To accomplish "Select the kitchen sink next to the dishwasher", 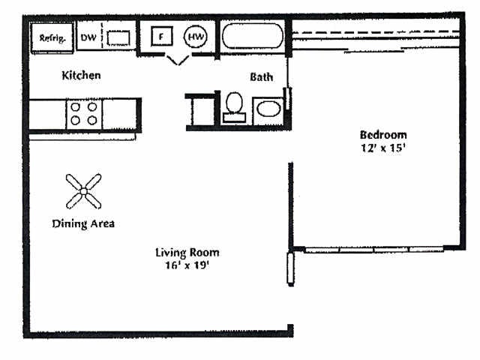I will click(x=118, y=37).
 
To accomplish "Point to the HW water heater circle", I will click(x=196, y=36).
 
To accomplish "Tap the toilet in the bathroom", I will click(x=234, y=106).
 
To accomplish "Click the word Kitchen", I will click(x=81, y=76).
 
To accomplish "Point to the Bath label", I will click(x=261, y=76).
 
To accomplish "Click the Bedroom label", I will click(x=383, y=135).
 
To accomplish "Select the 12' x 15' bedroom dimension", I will click(x=383, y=148).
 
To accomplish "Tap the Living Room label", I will click(x=187, y=253).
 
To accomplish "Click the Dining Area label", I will click(x=82, y=223).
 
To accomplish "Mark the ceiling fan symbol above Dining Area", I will click(x=82, y=191).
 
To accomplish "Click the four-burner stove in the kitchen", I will click(x=83, y=113).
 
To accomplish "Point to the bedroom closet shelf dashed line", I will click(x=375, y=33).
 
